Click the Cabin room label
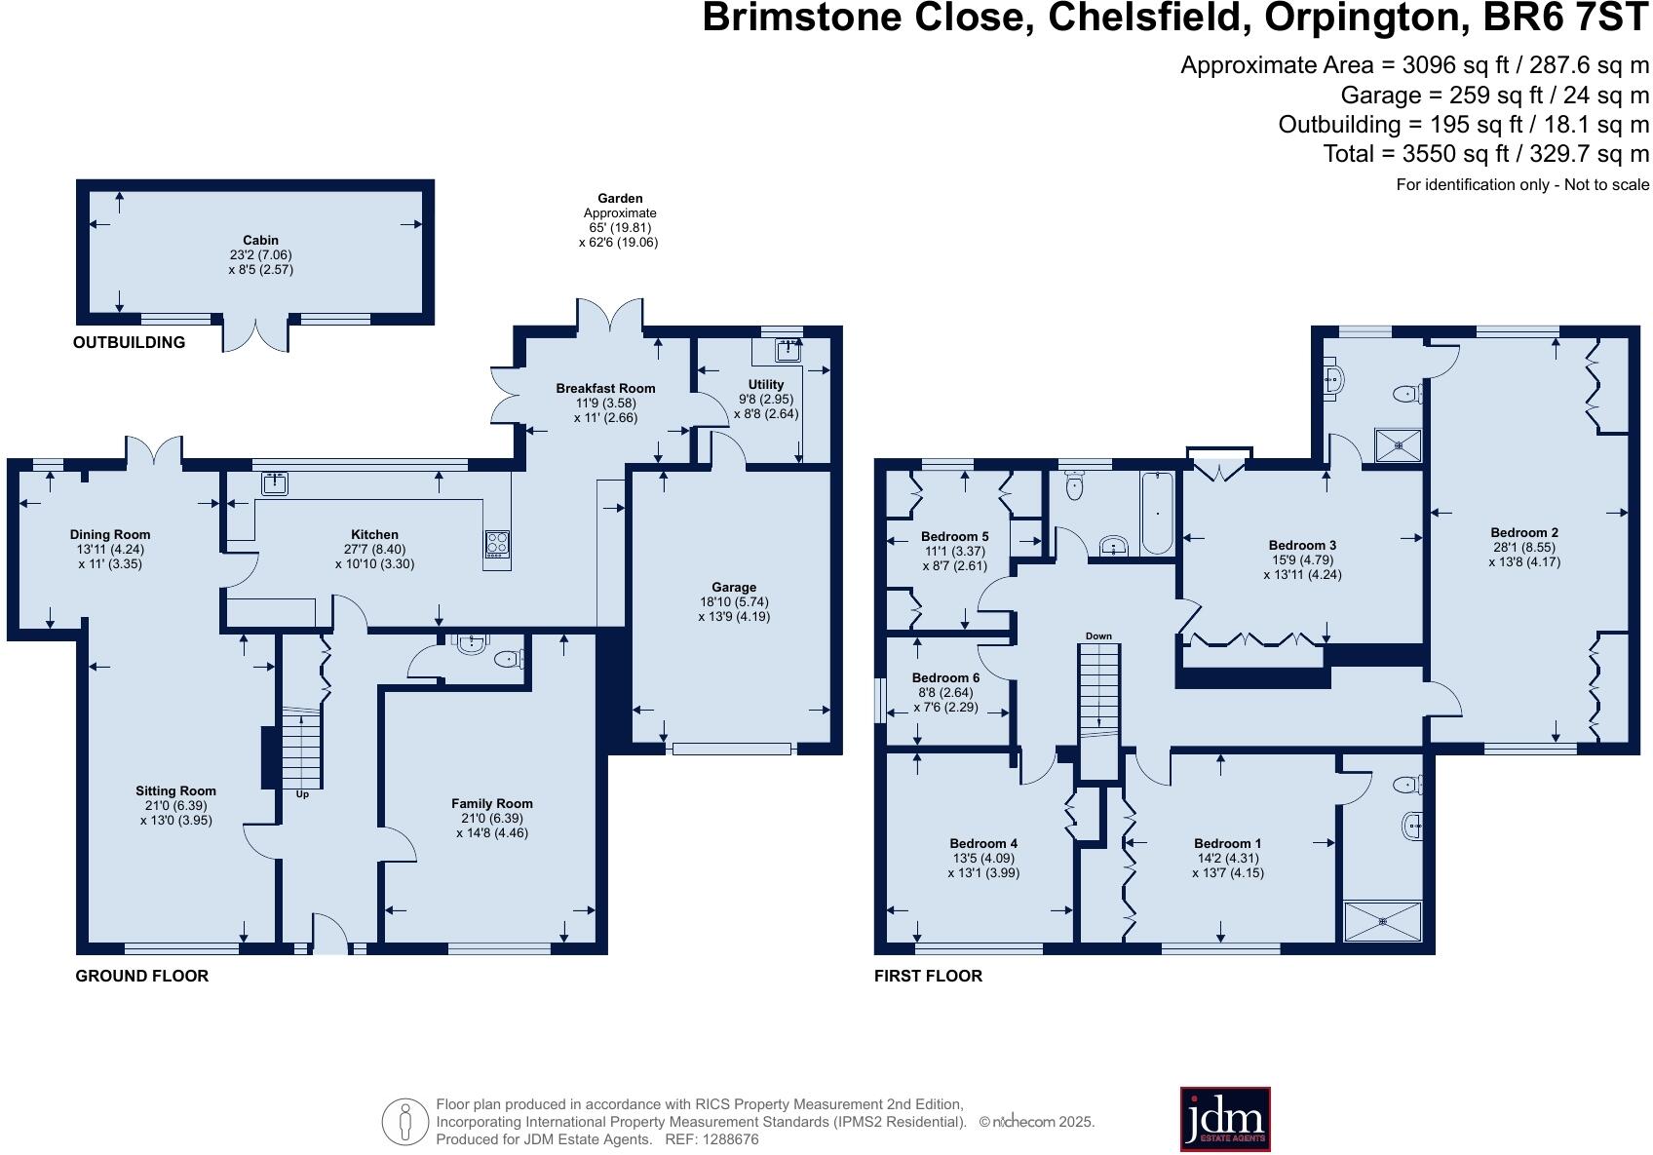pos(260,240)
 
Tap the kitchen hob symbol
pos(497,545)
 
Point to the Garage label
pos(733,588)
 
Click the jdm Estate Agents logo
pos(1224,1119)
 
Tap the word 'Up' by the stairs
pos(302,794)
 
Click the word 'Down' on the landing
pos(1098,636)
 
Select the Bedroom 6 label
pos(945,677)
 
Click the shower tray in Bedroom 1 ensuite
pos(1382,921)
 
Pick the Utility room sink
pos(788,349)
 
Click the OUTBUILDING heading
pos(129,342)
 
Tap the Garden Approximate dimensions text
pos(620,228)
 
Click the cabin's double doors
pos(256,333)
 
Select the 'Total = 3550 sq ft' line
pos(1485,154)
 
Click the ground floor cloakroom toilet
pos(508,660)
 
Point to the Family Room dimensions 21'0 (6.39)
pos(491,819)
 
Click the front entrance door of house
pos(330,936)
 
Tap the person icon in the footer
pos(404,1122)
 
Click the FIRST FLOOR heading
pos(928,976)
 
